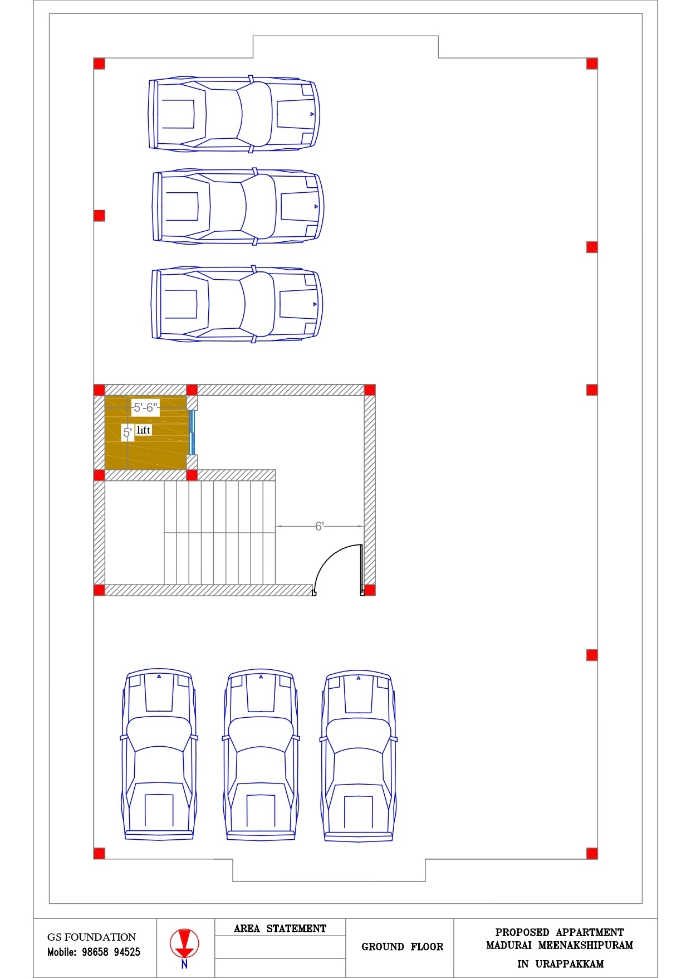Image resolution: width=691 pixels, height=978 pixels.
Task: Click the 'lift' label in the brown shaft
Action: (143, 430)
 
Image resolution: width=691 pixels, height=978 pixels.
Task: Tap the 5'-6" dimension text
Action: (145, 407)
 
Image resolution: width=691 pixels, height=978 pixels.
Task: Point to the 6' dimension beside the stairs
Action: (319, 526)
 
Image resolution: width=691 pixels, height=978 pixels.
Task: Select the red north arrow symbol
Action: (184, 944)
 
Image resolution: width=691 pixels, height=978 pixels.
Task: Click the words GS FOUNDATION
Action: (91, 937)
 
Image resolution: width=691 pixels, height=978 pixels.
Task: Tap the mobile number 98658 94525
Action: (111, 952)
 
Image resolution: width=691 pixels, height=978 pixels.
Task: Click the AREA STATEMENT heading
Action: (280, 928)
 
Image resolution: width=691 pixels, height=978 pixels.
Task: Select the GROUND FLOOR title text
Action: (402, 946)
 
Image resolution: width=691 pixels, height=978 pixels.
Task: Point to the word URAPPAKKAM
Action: (569, 964)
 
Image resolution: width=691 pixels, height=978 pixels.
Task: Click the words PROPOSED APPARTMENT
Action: (560, 932)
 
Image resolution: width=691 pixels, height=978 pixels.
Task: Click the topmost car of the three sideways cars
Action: (234, 114)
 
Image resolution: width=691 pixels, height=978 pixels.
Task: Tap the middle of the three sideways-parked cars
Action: (238, 207)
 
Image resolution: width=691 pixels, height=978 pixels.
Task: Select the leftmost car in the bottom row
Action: (159, 755)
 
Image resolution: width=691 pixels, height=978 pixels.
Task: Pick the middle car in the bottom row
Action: (261, 755)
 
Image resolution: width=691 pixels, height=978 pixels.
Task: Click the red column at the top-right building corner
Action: (592, 64)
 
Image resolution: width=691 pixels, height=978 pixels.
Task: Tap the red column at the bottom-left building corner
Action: (99, 853)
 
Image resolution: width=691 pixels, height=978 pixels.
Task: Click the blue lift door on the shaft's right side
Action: (192, 432)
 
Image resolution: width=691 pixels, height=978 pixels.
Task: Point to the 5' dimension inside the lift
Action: (128, 432)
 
